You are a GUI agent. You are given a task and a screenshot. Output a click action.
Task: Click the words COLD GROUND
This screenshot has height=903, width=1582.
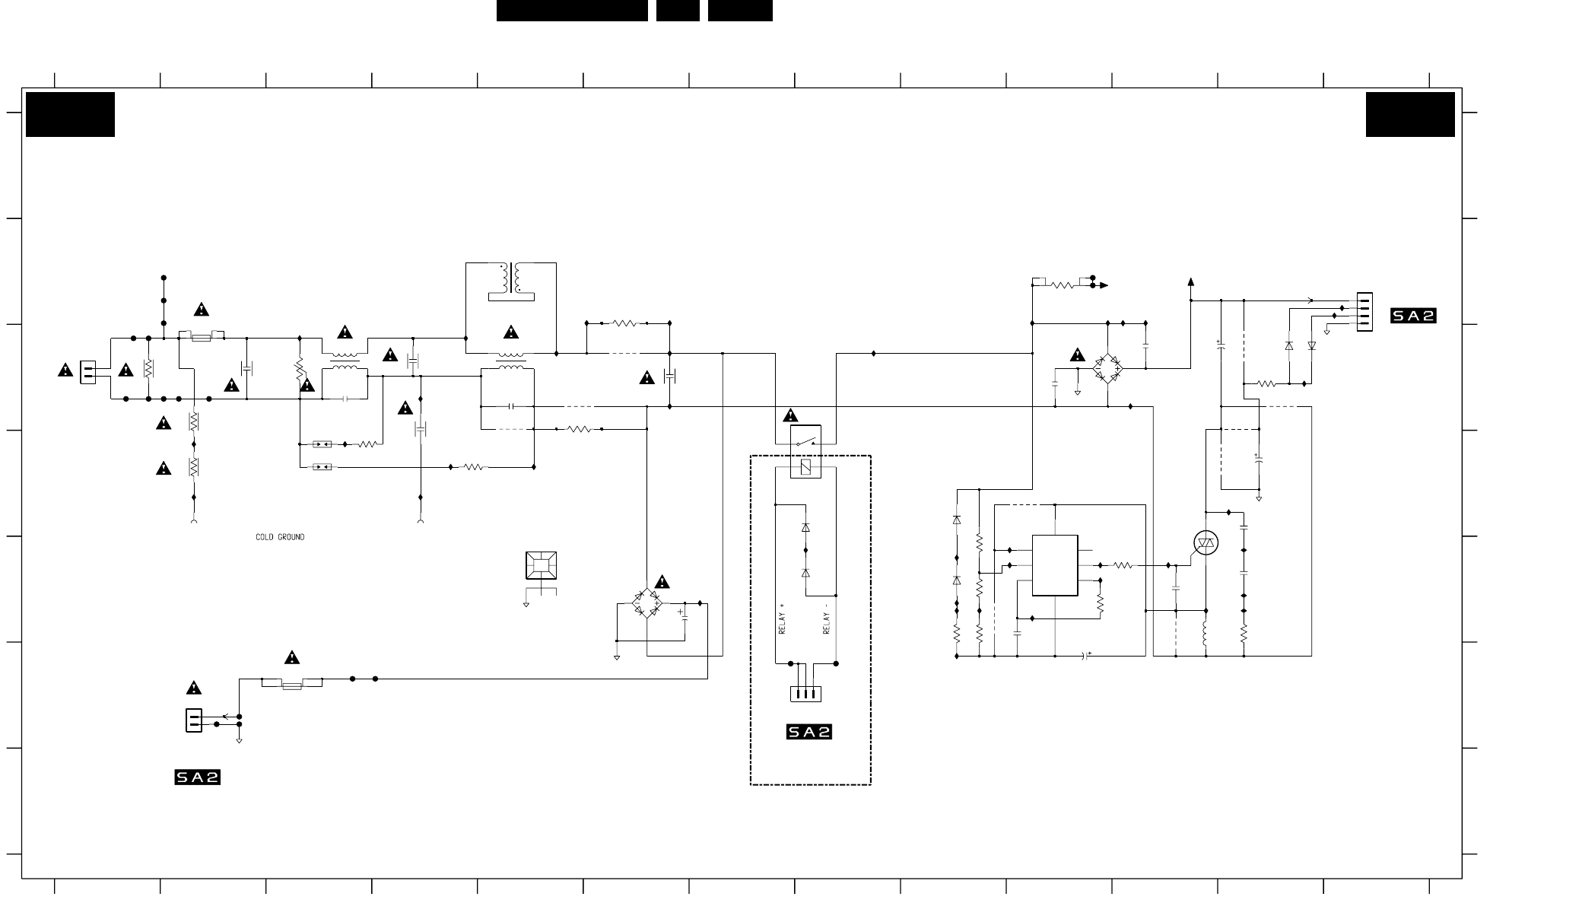[280, 537]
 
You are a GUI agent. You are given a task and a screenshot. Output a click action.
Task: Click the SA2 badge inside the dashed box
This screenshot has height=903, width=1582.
[809, 732]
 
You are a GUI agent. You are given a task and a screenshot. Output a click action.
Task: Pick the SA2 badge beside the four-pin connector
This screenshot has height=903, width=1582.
[1413, 316]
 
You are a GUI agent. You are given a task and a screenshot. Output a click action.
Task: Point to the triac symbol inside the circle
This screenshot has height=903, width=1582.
[1206, 542]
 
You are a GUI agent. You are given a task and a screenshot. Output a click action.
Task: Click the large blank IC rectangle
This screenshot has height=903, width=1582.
[1055, 565]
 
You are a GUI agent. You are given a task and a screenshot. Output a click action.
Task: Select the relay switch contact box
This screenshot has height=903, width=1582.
[805, 440]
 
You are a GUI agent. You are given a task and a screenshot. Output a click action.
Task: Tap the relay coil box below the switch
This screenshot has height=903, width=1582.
[805, 467]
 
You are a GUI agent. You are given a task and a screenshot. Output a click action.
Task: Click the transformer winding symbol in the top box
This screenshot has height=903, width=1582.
[511, 279]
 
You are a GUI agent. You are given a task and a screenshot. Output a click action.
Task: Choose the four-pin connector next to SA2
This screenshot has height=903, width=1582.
[1364, 312]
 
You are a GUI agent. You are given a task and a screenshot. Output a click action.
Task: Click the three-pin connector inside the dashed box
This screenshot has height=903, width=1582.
[805, 694]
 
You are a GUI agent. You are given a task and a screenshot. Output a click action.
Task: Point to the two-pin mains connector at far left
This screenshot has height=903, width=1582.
[88, 371]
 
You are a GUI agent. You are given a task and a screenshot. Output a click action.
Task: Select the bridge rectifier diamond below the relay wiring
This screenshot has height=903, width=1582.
[646, 603]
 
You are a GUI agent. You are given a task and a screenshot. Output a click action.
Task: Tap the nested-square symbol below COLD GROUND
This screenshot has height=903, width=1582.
[541, 565]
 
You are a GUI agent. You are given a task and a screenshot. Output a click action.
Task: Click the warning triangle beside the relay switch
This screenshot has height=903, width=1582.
[790, 416]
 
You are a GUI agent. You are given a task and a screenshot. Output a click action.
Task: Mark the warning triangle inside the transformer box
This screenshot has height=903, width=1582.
[511, 332]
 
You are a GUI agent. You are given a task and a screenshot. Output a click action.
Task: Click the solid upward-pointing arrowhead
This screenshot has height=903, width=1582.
[1191, 282]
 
